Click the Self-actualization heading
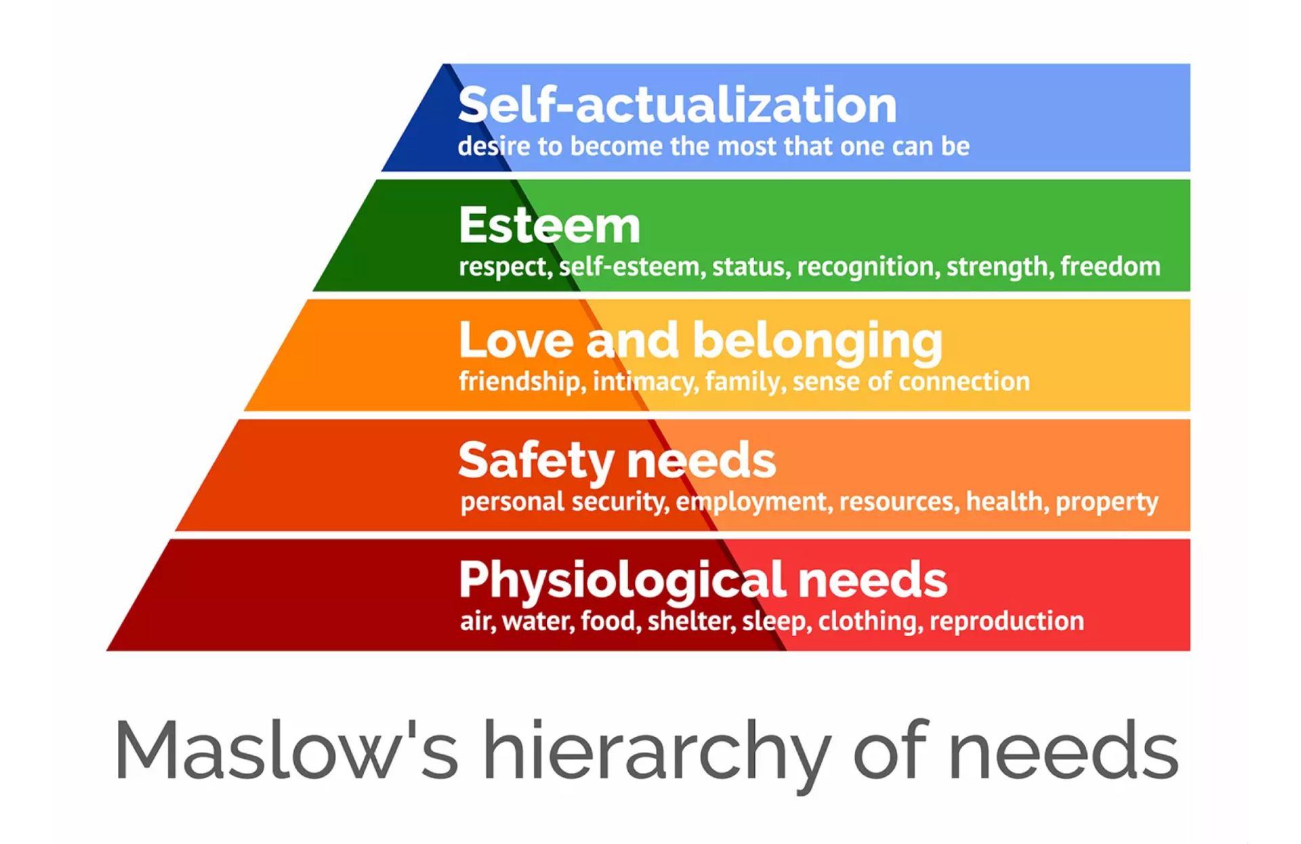click(677, 105)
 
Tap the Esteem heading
click(550, 225)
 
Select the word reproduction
click(1007, 622)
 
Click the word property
click(1107, 503)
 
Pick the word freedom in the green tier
click(1111, 266)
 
